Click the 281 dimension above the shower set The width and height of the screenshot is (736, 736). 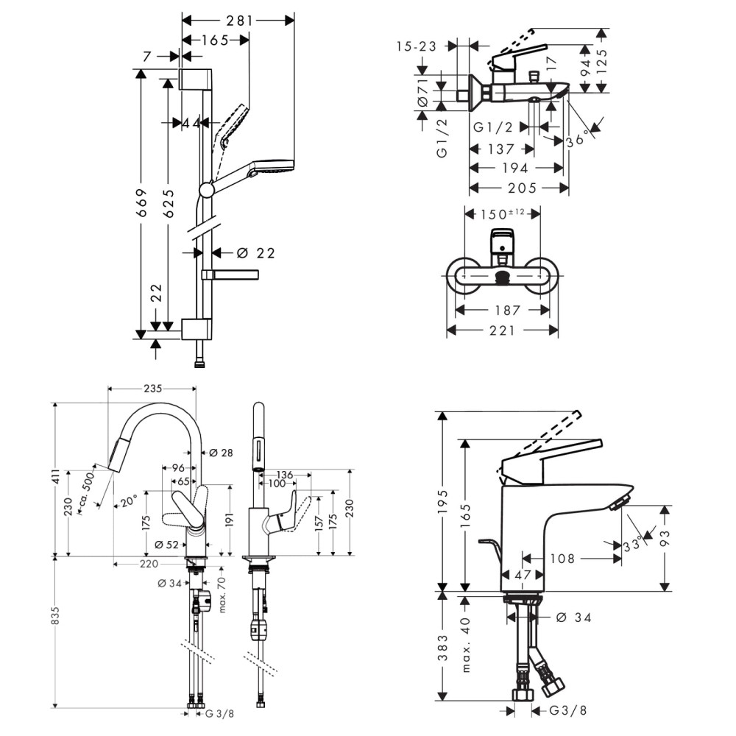(238, 21)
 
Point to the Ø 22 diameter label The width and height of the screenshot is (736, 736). (255, 253)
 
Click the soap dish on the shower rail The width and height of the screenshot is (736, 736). (230, 275)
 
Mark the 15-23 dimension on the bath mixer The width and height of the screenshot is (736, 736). (415, 46)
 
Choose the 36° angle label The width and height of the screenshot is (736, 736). (575, 138)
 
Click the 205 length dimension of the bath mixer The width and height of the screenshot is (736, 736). (518, 188)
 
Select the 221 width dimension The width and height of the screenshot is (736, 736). (502, 331)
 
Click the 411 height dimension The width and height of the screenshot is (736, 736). (56, 478)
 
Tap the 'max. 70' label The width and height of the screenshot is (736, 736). (221, 595)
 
